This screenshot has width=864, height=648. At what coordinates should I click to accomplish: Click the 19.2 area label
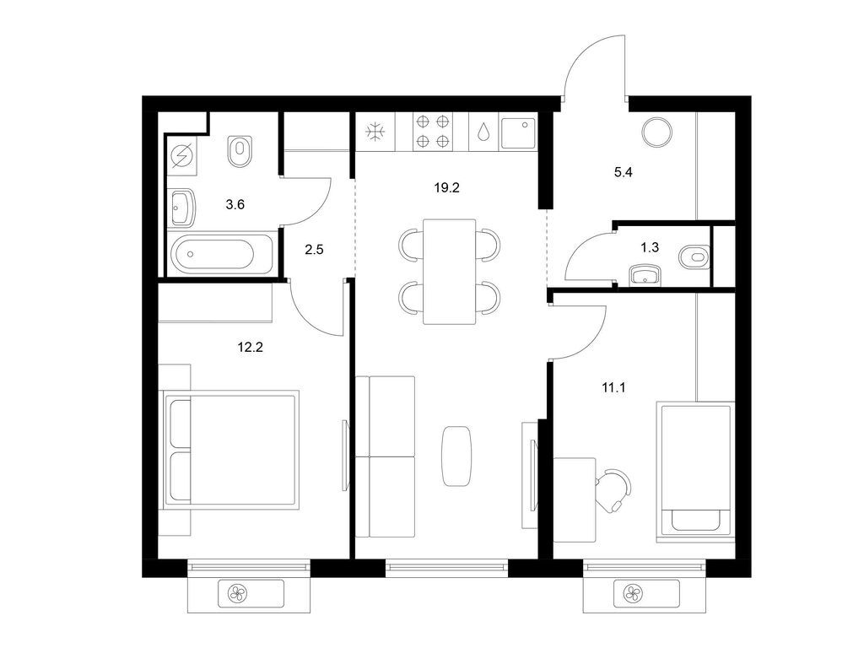pos(446,188)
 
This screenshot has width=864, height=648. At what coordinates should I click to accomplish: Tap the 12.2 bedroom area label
pos(250,347)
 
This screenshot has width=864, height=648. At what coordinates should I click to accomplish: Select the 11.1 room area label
pos(613,387)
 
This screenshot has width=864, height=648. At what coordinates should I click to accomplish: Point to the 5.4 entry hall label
pos(624,172)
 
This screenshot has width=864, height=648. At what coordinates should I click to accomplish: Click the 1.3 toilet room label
pos(650,247)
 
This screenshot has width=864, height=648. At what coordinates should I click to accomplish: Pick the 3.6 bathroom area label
pos(235,204)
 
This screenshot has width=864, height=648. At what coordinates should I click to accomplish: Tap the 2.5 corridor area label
pos(314,250)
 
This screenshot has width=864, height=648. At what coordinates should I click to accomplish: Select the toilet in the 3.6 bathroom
pos(240,151)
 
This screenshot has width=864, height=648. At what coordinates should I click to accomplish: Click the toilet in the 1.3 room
pos(695,256)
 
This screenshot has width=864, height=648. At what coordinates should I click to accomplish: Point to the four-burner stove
pos(433,131)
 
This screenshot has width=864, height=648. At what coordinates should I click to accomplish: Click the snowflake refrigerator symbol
pos(375,132)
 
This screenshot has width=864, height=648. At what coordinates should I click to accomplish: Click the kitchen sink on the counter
pos(519,132)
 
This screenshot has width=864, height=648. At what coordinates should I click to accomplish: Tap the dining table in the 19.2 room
pos(450,272)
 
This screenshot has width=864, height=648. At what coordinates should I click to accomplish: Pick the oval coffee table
pos(457,456)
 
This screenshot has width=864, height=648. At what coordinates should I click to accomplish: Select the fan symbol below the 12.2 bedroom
pos(237,594)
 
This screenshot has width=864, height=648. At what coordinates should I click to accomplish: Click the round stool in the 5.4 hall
pos(656,132)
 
